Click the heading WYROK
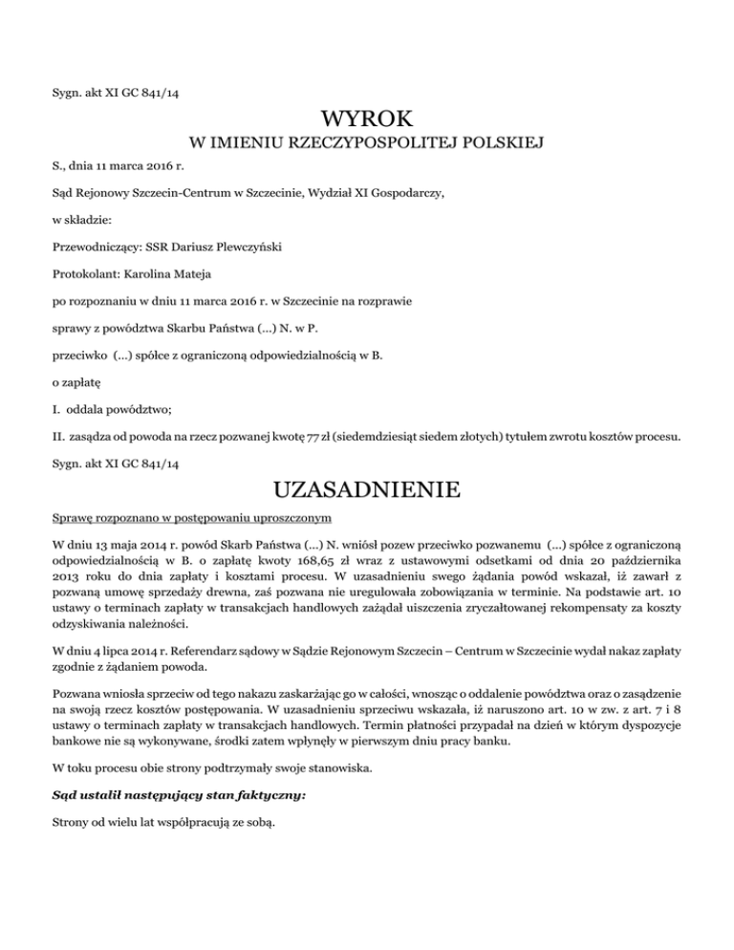click(x=367, y=120)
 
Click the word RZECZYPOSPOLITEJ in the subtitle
click(x=362, y=144)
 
